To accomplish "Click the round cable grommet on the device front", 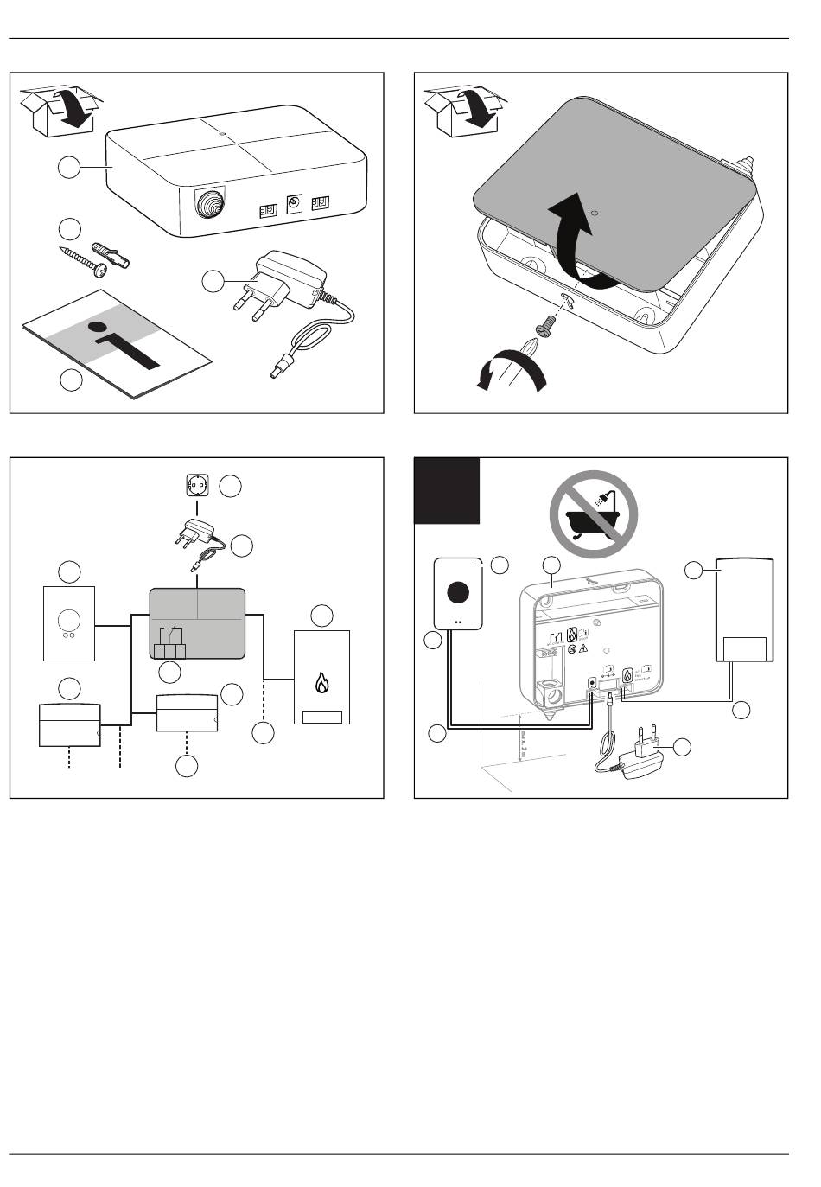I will [x=209, y=207].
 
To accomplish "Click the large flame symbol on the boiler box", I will [x=321, y=683].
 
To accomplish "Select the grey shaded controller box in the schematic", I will [x=197, y=622].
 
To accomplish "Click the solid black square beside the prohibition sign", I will [x=447, y=491].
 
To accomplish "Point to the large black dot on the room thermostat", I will [x=458, y=593].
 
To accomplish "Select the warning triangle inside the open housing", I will [x=584, y=647].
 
